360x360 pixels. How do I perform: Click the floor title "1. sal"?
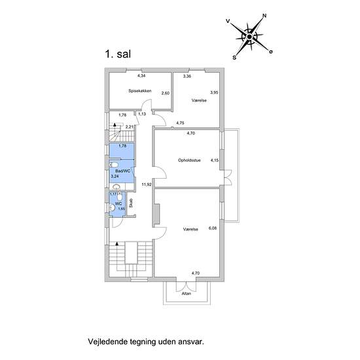pos(118,54)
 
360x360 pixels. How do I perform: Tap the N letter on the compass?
pos(264,16)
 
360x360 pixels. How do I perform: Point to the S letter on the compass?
pos(234,58)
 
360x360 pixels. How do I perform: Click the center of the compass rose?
pos(249,37)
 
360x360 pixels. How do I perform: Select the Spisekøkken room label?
pos(140,91)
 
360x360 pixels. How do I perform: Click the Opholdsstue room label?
pos(189,160)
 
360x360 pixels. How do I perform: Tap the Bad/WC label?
pos(123,171)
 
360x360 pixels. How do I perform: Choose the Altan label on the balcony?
pos(186,293)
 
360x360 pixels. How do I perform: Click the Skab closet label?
pos(131,203)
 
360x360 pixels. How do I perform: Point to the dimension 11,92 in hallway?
pos(147,184)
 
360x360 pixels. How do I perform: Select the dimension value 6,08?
pos(213,228)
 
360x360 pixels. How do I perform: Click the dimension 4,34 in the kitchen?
pos(141,75)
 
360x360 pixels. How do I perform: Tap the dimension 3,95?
pos(214,92)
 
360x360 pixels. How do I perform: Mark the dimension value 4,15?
pos(215,160)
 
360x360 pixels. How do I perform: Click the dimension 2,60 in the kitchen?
pos(166,93)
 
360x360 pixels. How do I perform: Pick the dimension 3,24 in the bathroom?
pos(115,176)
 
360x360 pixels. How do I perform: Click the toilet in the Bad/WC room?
pos(114,165)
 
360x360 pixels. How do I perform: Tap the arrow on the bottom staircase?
pos(117,243)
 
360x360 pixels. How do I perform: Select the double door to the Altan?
pos(186,287)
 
